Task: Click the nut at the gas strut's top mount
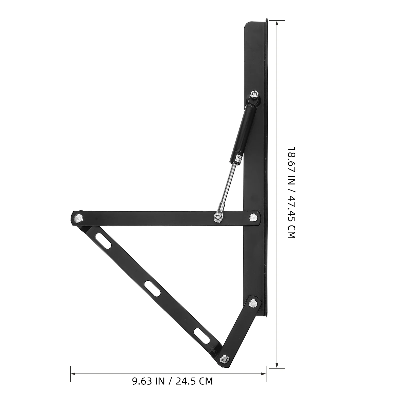point(254,95)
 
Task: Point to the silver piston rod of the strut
point(227,185)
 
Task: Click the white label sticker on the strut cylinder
point(239,159)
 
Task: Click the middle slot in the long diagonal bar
point(153,288)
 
